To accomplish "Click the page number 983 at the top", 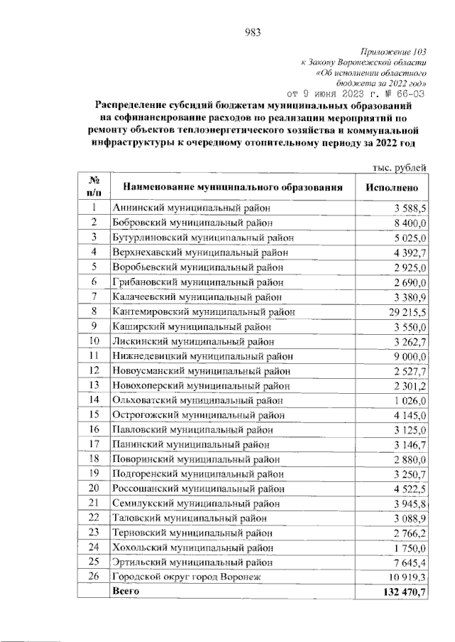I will click(253, 31).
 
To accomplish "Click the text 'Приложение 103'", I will click(394, 52).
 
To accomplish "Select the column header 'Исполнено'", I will click(396, 188).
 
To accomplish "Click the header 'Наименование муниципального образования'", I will click(232, 188).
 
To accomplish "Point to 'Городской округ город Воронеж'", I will click(187, 577).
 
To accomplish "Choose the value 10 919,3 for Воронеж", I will click(406, 577).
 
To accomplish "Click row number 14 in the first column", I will click(94, 400).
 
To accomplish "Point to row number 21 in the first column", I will click(94, 503).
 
